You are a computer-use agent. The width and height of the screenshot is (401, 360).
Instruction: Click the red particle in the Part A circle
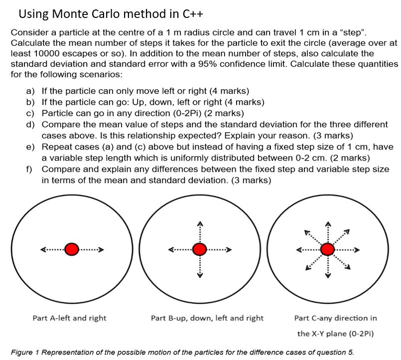tap(72, 248)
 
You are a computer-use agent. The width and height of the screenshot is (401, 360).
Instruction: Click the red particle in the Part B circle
tap(200, 248)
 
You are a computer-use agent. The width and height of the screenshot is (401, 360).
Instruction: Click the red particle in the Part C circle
tap(327, 248)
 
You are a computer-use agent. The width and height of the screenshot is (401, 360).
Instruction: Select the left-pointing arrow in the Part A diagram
tap(50, 248)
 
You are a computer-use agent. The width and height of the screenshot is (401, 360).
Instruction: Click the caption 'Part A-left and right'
tap(69, 318)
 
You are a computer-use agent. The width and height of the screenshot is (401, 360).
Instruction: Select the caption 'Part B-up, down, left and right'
tap(207, 318)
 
